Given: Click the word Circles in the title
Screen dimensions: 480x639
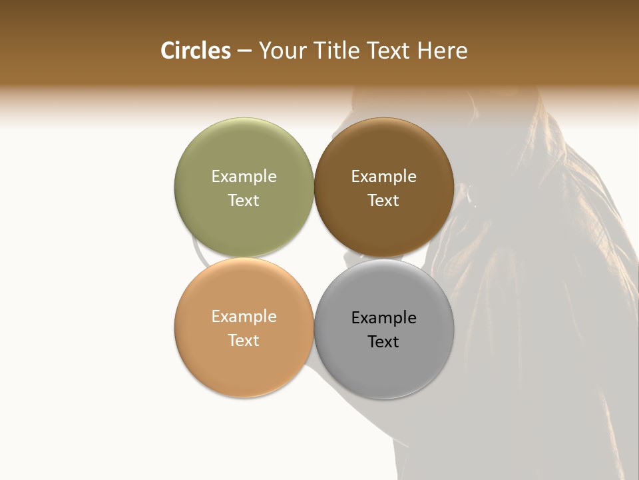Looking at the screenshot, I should point(196,51).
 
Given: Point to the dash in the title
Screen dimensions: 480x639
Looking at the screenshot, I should point(244,51).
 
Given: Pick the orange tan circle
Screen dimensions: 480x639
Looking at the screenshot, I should point(244,363).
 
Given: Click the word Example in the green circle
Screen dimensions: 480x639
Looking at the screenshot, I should point(244,176).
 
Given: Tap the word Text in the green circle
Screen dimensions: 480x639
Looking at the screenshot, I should point(244,200).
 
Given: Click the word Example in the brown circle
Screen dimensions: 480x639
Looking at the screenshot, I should point(383,176).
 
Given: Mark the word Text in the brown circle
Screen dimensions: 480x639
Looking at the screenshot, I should point(383,200).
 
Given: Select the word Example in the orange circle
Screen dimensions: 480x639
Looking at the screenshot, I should point(244,316).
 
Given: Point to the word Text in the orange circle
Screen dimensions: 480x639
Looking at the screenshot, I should point(244,340).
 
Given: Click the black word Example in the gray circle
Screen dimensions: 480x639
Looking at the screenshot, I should point(383,317).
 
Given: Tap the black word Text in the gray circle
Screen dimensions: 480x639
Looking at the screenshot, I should point(383,341).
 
